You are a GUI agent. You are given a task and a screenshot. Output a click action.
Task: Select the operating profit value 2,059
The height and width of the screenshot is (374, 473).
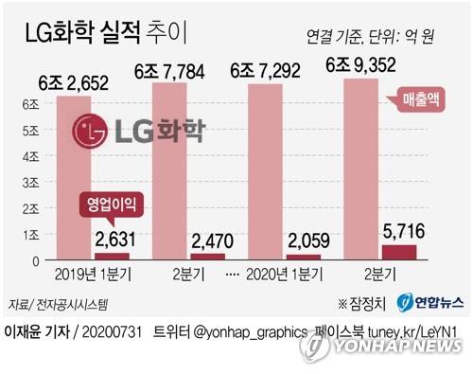tap(306, 243)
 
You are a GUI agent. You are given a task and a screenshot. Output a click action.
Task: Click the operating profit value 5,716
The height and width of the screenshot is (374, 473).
tap(402, 232)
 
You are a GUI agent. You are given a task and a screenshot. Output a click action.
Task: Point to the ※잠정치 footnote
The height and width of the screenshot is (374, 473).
tap(361, 304)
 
